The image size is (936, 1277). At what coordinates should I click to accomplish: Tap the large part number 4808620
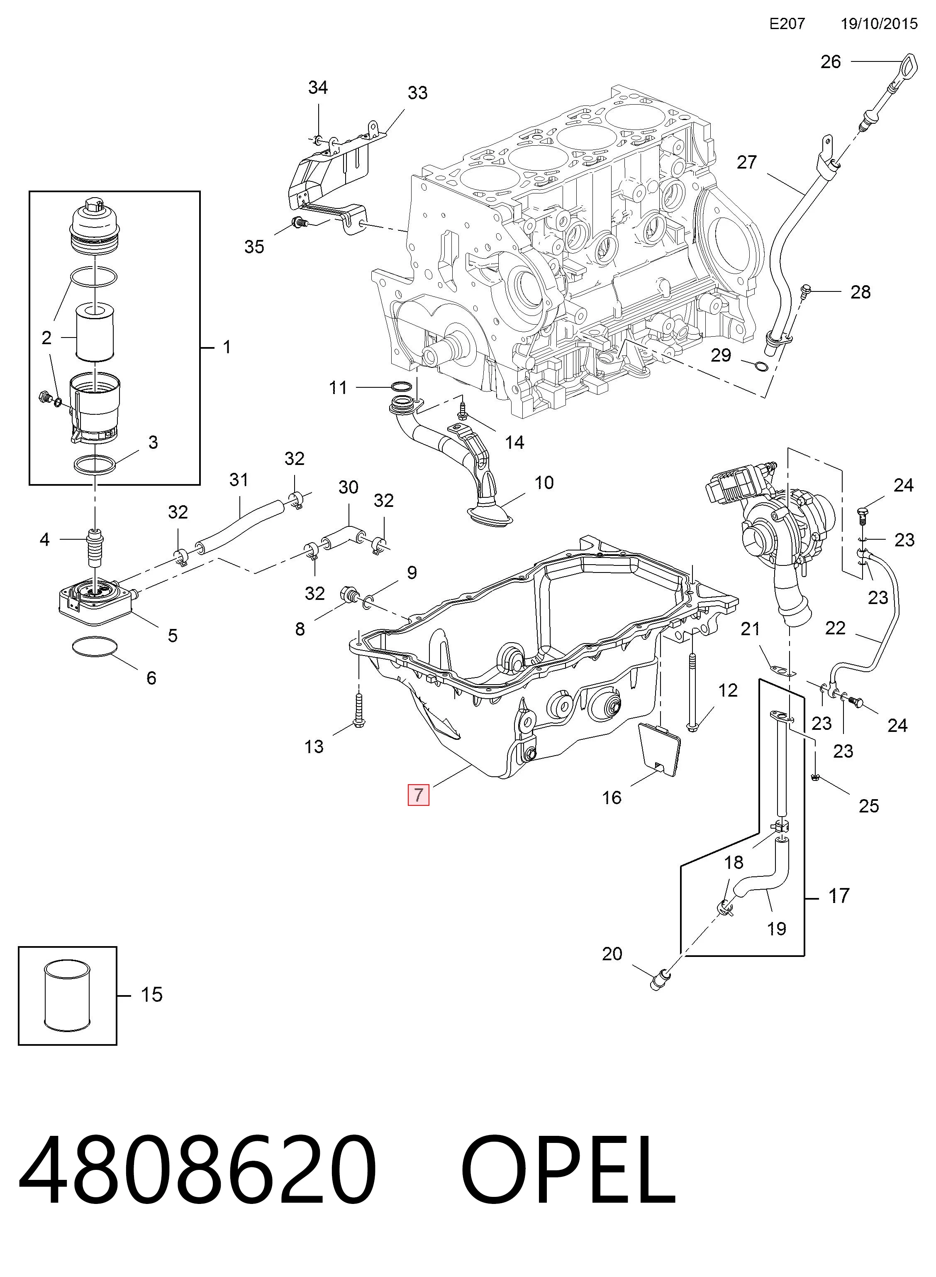(x=198, y=1170)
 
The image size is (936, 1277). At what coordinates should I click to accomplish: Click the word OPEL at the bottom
(x=568, y=1170)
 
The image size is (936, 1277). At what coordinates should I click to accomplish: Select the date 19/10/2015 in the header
(x=879, y=24)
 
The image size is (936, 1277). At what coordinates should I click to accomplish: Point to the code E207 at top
(x=787, y=24)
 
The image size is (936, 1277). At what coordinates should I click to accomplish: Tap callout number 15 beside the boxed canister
(x=151, y=994)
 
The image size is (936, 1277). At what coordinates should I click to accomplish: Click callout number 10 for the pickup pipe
(x=544, y=482)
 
